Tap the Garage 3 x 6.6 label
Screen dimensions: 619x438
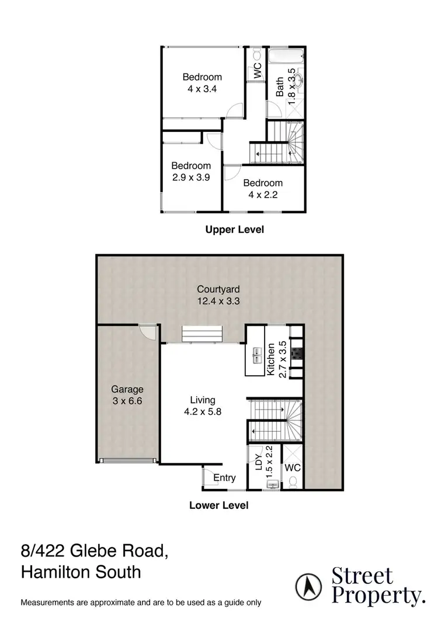pos(127,395)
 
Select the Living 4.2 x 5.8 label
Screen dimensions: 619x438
pos(203,405)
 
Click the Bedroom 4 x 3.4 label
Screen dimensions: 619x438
pos(202,82)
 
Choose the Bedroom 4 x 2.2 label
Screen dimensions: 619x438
pos(263,188)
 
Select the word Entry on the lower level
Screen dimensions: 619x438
pos(224,478)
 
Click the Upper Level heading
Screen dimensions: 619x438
pos(234,230)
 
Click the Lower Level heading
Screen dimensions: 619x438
pos(218,505)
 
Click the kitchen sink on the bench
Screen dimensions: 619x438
pos(256,355)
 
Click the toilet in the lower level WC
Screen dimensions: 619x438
pos(293,481)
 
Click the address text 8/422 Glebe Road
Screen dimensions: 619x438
pos(95,550)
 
